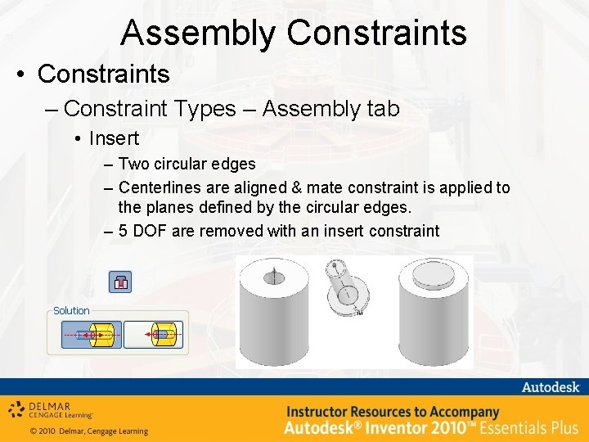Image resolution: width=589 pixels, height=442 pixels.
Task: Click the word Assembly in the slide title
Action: [199, 33]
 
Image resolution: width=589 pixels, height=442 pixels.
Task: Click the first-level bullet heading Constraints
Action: [103, 74]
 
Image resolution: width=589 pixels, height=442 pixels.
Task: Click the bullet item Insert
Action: [114, 138]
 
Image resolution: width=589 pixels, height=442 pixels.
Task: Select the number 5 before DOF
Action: [123, 231]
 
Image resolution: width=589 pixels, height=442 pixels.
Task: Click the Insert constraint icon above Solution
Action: [120, 282]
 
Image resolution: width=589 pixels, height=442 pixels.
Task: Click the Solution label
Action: [71, 311]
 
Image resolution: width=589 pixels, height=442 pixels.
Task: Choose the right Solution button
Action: [154, 334]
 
